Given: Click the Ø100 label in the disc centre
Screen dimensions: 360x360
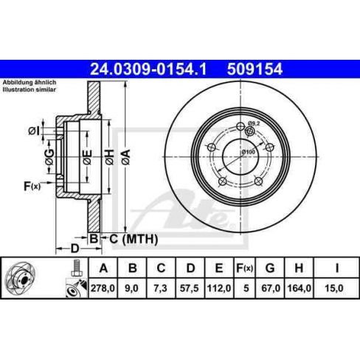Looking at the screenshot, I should click(248, 151).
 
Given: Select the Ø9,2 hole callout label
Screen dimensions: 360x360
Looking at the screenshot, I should click(255, 123).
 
